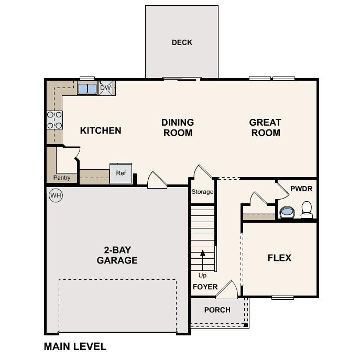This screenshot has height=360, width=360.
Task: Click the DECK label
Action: point(182,42)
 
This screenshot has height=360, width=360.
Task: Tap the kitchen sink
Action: point(88,88)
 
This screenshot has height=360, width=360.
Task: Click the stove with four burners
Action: point(54,120)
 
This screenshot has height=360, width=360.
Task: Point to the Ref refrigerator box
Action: point(121,173)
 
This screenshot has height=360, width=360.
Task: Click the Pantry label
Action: point(62,178)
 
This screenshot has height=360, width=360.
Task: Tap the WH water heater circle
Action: point(55,195)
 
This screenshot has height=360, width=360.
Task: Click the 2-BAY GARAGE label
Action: point(117,255)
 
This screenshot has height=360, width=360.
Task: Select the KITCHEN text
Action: point(101,130)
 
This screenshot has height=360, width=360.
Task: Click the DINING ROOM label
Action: point(178,127)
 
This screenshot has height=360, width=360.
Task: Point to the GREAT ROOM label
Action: point(265,127)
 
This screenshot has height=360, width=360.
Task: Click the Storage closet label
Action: point(202,192)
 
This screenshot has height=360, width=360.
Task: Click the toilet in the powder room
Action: point(307,210)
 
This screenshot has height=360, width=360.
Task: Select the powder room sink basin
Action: point(287,212)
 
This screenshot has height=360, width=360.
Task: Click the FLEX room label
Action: point(279,258)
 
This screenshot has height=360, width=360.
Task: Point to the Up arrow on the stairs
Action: point(203,259)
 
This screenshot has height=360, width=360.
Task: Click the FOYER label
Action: point(205,287)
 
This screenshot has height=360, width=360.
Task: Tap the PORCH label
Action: point(217,310)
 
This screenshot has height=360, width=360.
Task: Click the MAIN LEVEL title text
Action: point(75,346)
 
